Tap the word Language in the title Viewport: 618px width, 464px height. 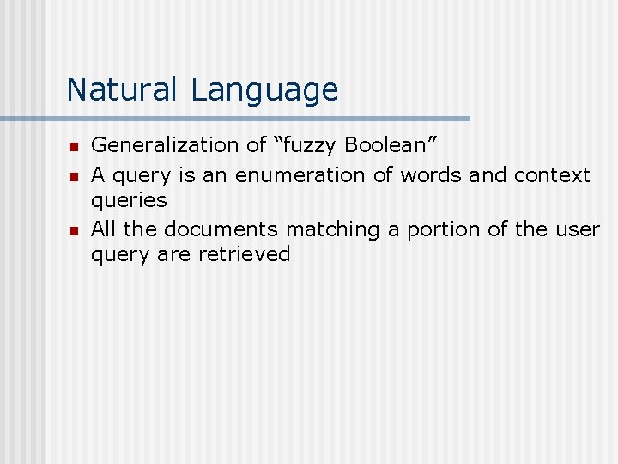(265, 89)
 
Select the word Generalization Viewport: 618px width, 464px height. (167, 146)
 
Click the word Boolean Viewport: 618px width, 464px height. (385, 146)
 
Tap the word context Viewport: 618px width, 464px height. (552, 175)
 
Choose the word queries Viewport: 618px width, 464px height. (129, 200)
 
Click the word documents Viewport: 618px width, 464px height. (221, 229)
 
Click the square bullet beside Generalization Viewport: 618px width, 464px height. (73, 147)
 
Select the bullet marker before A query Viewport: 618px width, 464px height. (73, 176)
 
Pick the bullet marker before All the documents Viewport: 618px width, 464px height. (73, 230)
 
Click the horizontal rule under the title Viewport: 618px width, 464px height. (235, 119)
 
